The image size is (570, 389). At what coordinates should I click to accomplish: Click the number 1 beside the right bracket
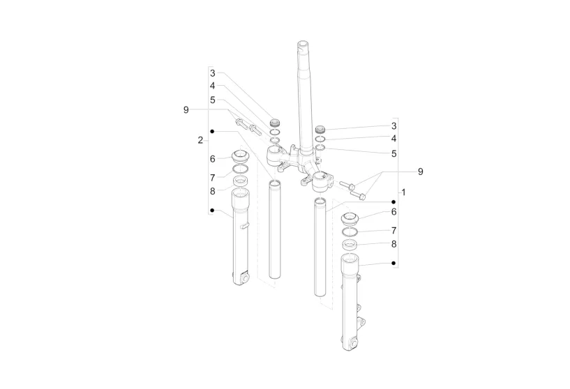[403, 192]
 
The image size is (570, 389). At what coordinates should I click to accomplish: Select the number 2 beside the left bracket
[200, 140]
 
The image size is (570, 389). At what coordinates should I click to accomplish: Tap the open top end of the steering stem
[303, 45]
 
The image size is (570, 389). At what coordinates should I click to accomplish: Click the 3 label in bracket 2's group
[213, 73]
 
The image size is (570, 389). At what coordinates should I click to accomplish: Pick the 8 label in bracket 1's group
[393, 245]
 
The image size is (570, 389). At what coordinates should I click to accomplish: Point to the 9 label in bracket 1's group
[421, 171]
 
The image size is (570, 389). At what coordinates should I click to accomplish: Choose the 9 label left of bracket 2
[186, 109]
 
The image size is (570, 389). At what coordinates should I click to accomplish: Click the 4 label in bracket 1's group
[393, 139]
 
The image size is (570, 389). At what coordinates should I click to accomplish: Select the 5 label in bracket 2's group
[213, 100]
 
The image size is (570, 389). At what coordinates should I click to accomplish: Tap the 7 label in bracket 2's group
[213, 178]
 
